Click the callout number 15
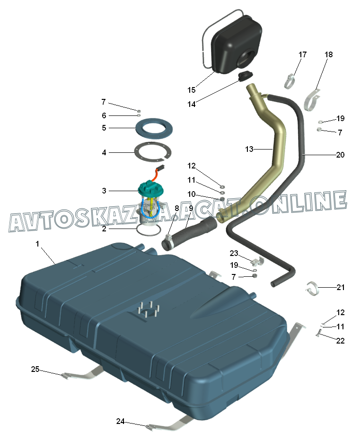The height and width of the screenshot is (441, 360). (191, 90)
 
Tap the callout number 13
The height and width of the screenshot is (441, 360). (249, 149)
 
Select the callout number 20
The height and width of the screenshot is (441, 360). (340, 155)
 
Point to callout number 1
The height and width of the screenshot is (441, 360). (38, 244)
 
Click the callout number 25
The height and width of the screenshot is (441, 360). (35, 369)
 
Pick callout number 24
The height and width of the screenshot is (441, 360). (121, 421)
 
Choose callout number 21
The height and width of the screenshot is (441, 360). (341, 287)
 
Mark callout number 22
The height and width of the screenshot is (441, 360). (341, 340)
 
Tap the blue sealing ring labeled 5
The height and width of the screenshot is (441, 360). (153, 128)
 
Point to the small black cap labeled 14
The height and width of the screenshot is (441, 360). (245, 76)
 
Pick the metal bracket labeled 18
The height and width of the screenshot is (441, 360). (312, 100)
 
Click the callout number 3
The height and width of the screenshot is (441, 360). (104, 191)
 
